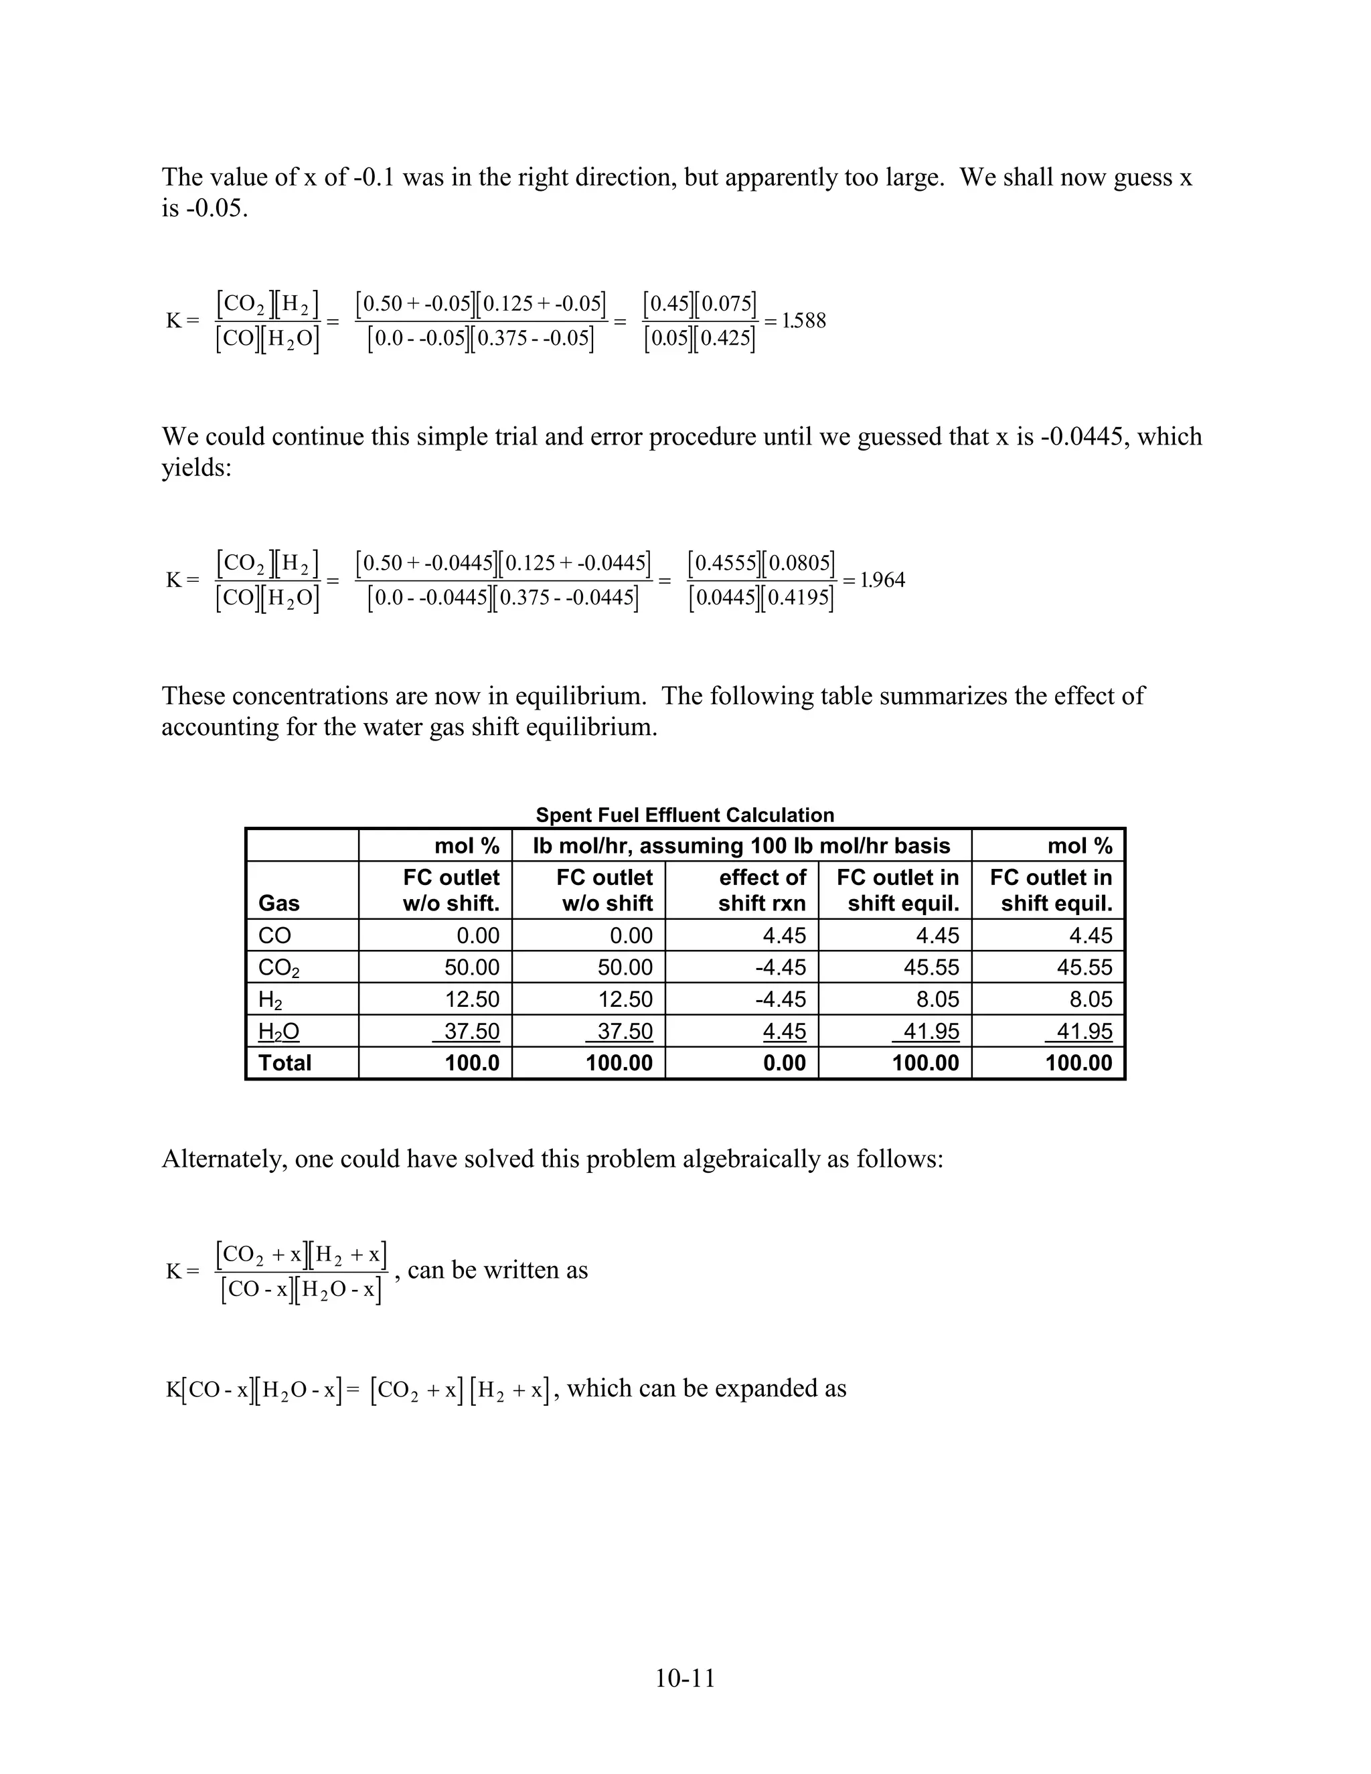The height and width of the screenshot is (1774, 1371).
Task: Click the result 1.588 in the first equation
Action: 803,321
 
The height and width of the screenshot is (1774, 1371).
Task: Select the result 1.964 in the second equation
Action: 882,580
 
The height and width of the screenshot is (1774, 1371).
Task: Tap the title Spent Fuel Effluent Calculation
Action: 685,815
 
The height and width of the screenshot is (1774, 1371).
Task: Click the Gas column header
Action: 278,903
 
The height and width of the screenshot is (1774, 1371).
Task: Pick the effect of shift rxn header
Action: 762,890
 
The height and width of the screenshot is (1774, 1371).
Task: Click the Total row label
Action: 285,1062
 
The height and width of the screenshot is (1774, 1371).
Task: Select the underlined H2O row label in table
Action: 278,1032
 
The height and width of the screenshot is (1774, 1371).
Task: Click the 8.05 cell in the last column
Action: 1090,999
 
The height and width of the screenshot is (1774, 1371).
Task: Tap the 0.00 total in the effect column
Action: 784,1062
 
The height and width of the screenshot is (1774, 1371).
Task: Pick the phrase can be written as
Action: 497,1269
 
